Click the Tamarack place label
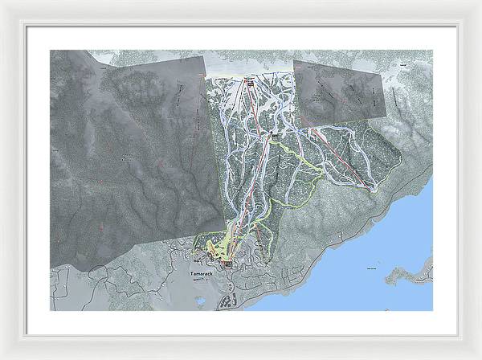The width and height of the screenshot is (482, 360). point(203,274)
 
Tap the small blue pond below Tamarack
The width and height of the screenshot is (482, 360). point(199,301)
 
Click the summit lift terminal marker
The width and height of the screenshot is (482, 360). point(249,81)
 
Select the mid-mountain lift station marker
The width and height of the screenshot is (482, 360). point(276,136)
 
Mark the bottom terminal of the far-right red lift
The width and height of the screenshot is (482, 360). point(373,190)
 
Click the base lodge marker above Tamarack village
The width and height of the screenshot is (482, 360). point(227,262)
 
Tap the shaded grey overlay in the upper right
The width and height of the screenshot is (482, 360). point(337,92)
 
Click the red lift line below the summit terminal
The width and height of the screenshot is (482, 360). point(255,112)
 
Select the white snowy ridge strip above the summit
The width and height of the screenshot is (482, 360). point(249,64)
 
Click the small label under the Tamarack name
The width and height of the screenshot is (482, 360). point(203,280)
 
